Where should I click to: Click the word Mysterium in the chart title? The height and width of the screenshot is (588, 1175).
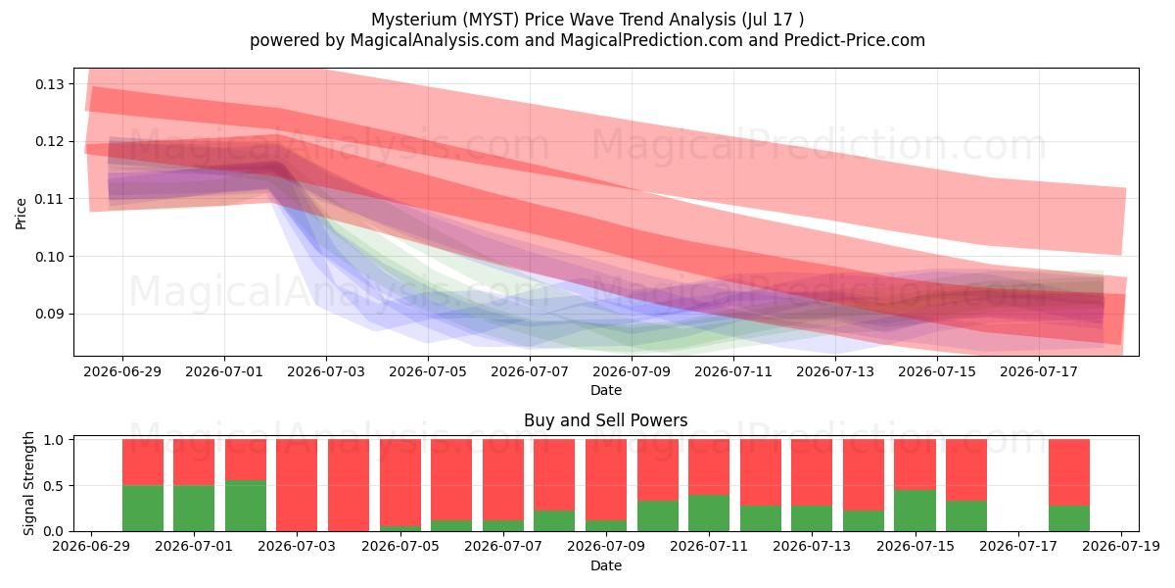414,20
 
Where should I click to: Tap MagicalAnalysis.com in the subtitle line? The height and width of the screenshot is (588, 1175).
435,40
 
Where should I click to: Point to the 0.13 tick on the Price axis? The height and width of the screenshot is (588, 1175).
50,84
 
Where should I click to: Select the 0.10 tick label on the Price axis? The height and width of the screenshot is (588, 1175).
50,257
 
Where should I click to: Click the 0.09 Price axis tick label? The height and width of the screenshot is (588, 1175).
50,314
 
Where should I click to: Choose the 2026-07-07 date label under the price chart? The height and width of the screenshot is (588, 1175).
530,371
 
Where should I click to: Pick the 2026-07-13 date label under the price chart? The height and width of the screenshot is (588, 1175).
835,371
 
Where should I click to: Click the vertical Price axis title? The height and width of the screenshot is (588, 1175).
21,214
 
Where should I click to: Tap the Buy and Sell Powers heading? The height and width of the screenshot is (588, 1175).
606,420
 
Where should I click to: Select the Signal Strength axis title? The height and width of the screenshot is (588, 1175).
28,483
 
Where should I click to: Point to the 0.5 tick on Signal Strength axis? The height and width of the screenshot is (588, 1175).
53,486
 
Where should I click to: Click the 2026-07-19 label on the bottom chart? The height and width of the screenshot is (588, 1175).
1121,547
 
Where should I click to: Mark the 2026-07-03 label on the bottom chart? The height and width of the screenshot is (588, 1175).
297,547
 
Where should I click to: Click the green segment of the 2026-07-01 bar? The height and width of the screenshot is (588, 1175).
194,509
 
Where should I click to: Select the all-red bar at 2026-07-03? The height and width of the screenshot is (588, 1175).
297,485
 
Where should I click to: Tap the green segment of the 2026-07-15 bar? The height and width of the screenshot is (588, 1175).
916,511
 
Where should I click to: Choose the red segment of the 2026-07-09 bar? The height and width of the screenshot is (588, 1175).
606,480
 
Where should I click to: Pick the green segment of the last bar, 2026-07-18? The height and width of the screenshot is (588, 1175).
1069,518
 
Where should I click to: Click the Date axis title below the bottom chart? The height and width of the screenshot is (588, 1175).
606,566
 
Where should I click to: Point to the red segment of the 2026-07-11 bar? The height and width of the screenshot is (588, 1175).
709,467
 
